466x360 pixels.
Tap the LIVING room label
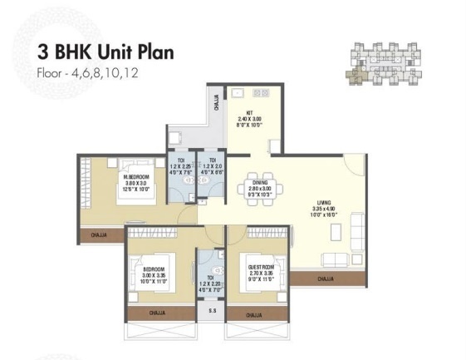(325, 205)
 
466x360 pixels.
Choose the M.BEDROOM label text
(113, 182)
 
